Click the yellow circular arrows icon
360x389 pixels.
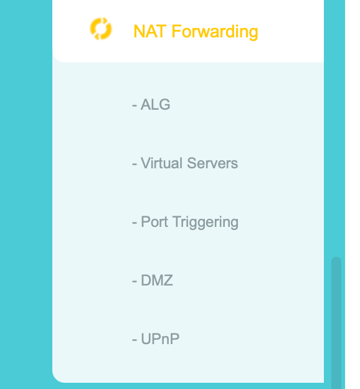(101, 29)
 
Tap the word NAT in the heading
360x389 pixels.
(149, 31)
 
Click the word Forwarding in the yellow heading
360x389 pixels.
(215, 32)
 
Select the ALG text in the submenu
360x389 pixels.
(156, 105)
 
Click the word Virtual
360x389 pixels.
(162, 163)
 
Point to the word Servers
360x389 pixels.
(212, 163)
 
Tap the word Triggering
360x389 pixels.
(206, 223)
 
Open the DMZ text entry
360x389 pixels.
(157, 281)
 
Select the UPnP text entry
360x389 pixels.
(160, 339)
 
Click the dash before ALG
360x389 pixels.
(135, 106)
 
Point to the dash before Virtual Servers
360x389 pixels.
(135, 164)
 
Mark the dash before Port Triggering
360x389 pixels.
(135, 223)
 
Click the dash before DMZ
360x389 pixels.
(135, 281)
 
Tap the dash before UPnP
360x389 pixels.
(135, 340)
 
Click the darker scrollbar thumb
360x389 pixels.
(336, 323)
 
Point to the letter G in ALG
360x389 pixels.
(164, 105)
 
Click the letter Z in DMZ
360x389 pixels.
(168, 281)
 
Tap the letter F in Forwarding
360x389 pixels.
(176, 31)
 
